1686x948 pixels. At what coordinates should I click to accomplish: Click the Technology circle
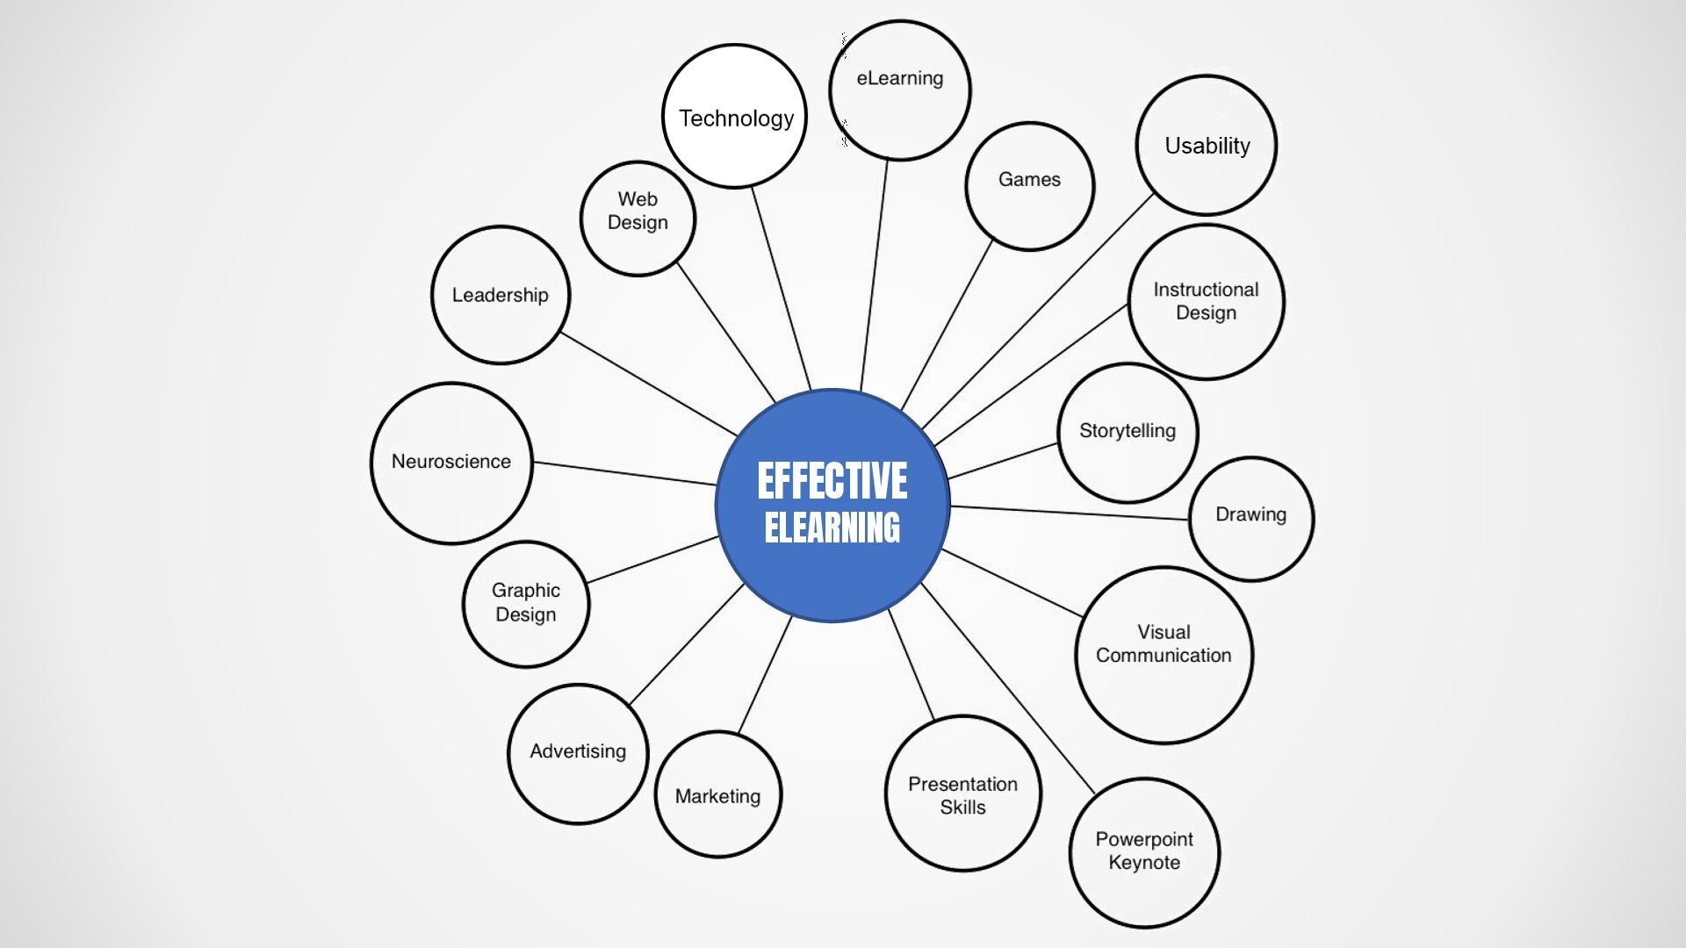(x=734, y=117)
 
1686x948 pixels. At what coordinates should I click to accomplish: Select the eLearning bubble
(x=900, y=90)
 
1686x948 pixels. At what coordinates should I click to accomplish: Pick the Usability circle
(x=1207, y=146)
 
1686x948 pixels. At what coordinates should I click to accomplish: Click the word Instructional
(x=1206, y=290)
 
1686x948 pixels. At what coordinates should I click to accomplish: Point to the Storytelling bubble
(x=1128, y=432)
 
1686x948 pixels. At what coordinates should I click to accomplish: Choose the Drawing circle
(x=1251, y=518)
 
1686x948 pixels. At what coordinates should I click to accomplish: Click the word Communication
(x=1164, y=656)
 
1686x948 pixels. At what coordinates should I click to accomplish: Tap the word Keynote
(x=1144, y=863)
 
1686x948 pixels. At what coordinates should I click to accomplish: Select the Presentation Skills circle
(x=963, y=794)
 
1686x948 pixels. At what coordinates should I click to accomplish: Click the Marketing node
(x=718, y=795)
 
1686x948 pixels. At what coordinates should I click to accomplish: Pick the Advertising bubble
(x=578, y=753)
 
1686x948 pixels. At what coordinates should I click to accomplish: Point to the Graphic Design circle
(x=526, y=604)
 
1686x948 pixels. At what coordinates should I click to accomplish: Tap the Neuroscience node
(x=451, y=463)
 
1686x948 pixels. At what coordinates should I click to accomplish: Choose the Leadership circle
(x=501, y=295)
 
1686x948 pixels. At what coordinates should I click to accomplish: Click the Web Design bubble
(x=638, y=218)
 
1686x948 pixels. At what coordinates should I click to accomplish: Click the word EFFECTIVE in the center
(x=832, y=481)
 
